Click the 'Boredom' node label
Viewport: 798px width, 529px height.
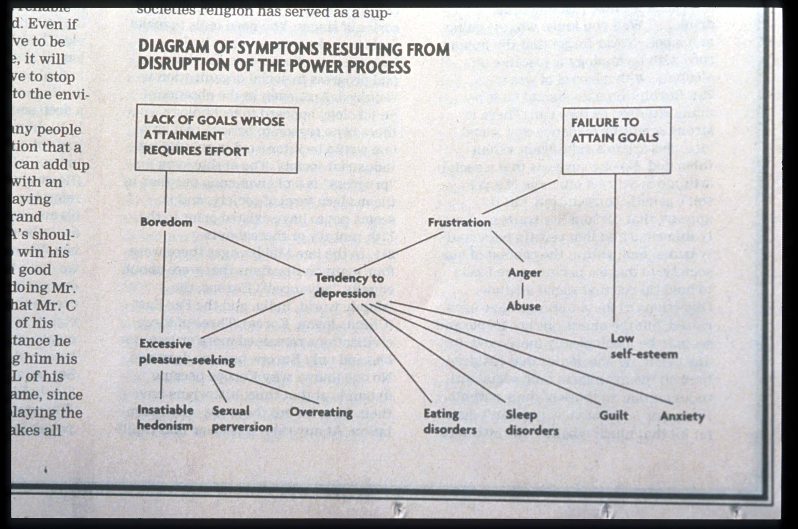point(166,222)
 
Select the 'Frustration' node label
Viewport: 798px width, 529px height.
point(459,222)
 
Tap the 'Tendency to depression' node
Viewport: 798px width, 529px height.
point(348,285)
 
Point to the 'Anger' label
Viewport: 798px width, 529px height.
point(525,273)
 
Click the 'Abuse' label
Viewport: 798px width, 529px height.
point(523,306)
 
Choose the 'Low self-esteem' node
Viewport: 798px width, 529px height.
point(643,346)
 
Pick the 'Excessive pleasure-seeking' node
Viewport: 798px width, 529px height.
point(187,352)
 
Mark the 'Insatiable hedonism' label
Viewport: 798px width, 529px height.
point(165,418)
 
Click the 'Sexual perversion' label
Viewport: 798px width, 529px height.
point(242,419)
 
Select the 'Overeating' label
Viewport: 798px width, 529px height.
point(321,412)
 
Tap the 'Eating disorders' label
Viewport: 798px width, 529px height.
point(449,421)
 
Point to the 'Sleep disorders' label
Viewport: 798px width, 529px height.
point(532,422)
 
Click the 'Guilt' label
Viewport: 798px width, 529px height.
point(613,415)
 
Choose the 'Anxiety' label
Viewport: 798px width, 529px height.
point(682,416)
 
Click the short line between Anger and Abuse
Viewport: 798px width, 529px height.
point(522,290)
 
